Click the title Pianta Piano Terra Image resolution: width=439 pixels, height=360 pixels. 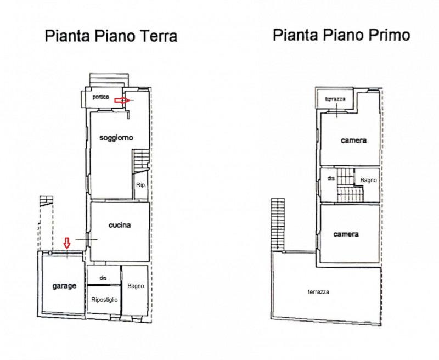(x=111, y=36)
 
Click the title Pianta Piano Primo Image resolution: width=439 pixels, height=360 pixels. (x=341, y=35)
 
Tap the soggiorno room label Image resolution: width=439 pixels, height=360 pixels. (x=116, y=138)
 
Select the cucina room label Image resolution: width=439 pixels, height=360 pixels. (x=120, y=225)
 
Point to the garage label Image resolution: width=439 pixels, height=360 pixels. (x=64, y=286)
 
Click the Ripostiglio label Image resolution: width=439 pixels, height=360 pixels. (x=104, y=300)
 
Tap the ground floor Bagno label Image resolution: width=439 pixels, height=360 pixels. (x=136, y=286)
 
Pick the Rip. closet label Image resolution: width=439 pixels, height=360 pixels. (x=141, y=185)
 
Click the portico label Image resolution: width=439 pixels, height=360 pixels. (x=101, y=97)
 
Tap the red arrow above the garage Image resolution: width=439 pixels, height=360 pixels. (x=66, y=243)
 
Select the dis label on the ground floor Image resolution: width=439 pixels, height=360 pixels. (x=103, y=278)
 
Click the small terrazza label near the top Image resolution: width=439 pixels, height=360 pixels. (x=335, y=99)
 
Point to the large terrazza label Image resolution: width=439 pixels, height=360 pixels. (x=319, y=292)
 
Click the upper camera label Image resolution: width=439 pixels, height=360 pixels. (x=353, y=140)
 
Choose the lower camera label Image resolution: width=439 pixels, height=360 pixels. (x=346, y=234)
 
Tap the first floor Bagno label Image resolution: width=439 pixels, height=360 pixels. (x=368, y=181)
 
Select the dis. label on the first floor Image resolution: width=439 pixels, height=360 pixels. (x=331, y=178)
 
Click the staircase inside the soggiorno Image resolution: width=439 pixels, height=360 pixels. (x=141, y=160)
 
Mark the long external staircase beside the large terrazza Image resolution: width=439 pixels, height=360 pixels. (x=278, y=224)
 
